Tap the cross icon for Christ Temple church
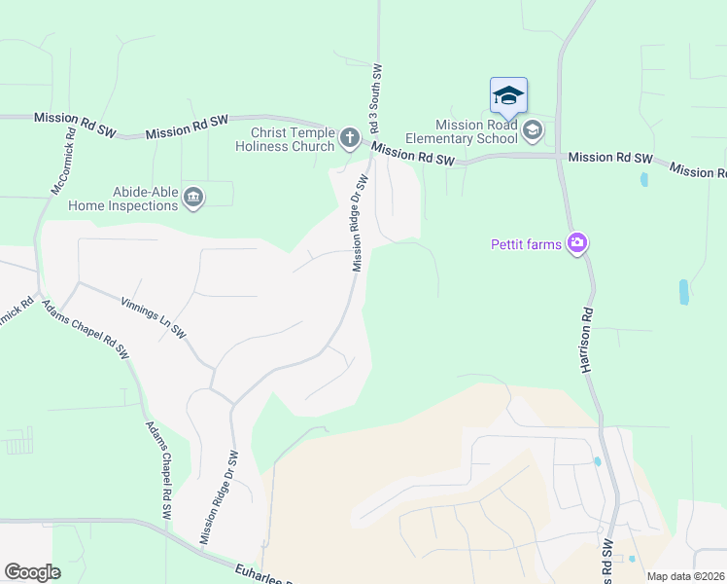pos(350,139)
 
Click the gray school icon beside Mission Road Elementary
pos(532,130)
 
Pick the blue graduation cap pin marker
pos(508,96)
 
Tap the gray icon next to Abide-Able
pos(192,199)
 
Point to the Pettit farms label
pos(526,244)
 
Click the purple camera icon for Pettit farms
pos(577,243)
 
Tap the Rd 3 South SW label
pos(374,100)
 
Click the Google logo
pos(32,572)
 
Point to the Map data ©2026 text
pos(685,576)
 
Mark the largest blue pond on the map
pos(684,292)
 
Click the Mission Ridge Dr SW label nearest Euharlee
pos(219,497)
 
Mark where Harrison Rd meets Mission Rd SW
pos(560,156)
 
